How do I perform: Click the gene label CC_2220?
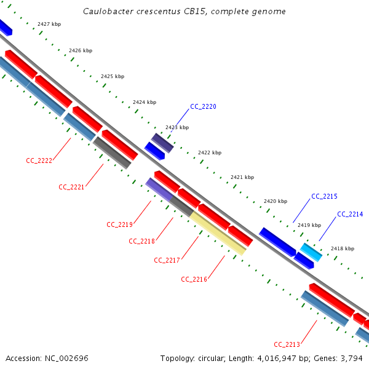pos(203,106)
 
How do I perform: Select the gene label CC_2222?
pos(39,161)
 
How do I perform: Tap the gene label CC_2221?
pos(71,186)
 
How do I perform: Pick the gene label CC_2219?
pos(119,224)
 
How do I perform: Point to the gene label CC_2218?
pos(141,241)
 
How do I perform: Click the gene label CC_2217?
pos(167,260)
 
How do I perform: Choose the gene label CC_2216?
pos(194,279)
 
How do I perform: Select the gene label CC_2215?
pos(324,196)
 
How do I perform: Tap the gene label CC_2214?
pos(350,214)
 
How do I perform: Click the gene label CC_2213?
pos(287,344)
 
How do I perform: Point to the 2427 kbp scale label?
pos(49,24)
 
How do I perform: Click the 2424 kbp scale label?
pos(145,102)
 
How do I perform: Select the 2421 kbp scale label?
pos(242,177)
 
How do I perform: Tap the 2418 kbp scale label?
pos(343,248)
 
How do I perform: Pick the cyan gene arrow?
pos(311,252)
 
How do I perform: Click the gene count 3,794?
pos(352,358)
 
